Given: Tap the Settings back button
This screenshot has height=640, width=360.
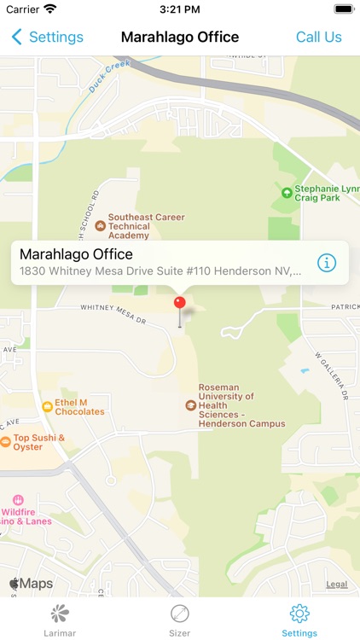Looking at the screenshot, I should click(x=47, y=37).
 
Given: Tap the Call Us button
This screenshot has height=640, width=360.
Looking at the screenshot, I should click(x=318, y=37).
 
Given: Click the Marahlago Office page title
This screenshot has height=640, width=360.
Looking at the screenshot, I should click(x=180, y=37).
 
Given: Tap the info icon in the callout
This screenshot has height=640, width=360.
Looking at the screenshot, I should click(x=327, y=263).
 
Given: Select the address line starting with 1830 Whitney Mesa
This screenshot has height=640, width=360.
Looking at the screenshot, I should click(x=160, y=271).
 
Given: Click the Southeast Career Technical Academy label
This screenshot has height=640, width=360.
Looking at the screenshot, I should click(x=145, y=227).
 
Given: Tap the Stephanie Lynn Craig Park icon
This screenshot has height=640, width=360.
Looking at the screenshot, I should click(x=287, y=193).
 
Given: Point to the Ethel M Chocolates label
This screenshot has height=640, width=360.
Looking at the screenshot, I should click(x=79, y=407).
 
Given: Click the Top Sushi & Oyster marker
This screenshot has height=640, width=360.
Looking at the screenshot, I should click(x=6, y=442).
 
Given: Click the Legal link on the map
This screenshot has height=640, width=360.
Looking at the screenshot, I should click(x=336, y=585).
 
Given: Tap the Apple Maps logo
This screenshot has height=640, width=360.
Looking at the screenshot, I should click(x=31, y=584).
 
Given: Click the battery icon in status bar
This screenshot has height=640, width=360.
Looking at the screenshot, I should click(x=343, y=9).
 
